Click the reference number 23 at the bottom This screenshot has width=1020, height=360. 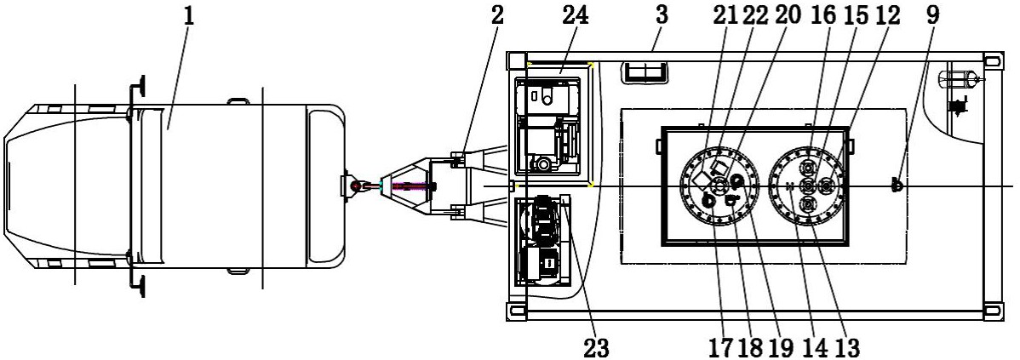596,347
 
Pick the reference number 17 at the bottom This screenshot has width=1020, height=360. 722,347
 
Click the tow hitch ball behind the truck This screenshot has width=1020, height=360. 354,186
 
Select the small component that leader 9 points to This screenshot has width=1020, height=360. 897,186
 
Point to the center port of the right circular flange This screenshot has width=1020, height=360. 807,186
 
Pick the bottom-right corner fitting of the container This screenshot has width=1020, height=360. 993,311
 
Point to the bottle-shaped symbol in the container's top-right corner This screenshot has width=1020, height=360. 958,80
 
